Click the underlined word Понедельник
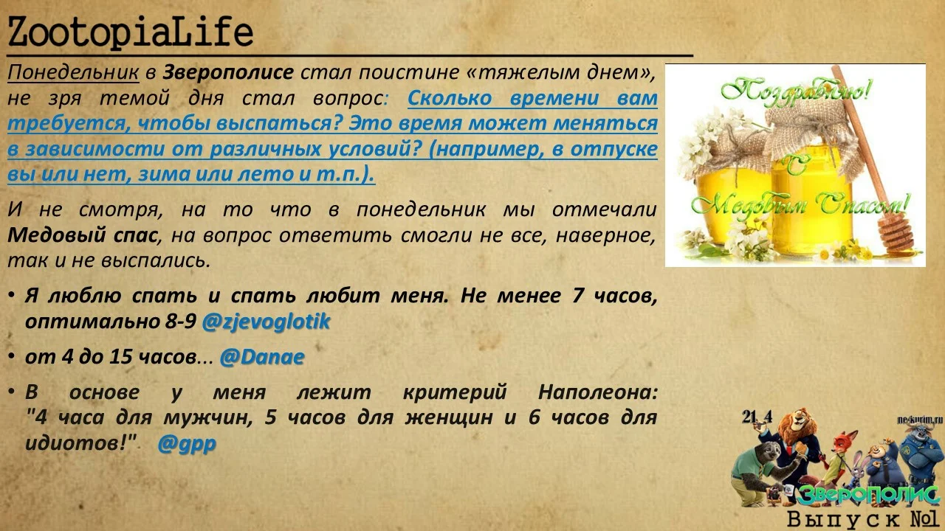coord(73,73)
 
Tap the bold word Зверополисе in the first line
coord(228,73)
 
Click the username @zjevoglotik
coord(266,322)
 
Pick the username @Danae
coord(262,357)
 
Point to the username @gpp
coord(186,444)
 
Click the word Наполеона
coord(597,392)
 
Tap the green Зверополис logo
coord(868,495)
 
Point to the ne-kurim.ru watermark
coord(920,420)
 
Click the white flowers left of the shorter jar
coord(695,147)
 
